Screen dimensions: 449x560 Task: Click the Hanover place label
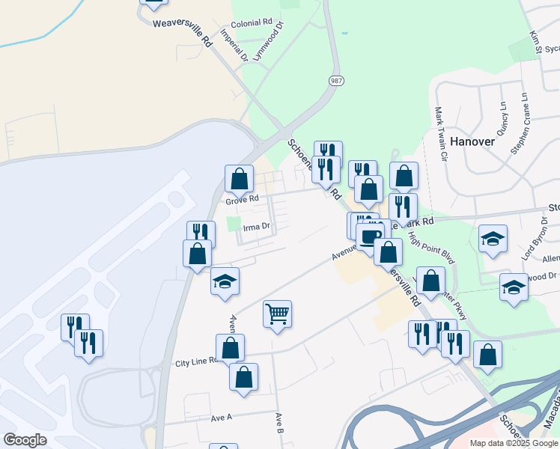[x=473, y=141]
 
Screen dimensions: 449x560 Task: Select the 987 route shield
[x=335, y=80]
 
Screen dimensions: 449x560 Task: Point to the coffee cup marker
[x=369, y=236]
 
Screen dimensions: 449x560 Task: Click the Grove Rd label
[x=242, y=200]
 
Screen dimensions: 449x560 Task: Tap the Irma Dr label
[x=255, y=226]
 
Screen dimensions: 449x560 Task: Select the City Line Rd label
[x=195, y=361]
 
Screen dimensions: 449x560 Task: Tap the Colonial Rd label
[x=252, y=24]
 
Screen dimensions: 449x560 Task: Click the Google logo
[x=25, y=440]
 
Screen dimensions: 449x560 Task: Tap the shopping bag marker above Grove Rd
[x=239, y=180]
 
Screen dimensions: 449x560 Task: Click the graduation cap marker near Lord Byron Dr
[x=493, y=239]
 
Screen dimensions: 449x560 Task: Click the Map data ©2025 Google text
[x=514, y=443]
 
